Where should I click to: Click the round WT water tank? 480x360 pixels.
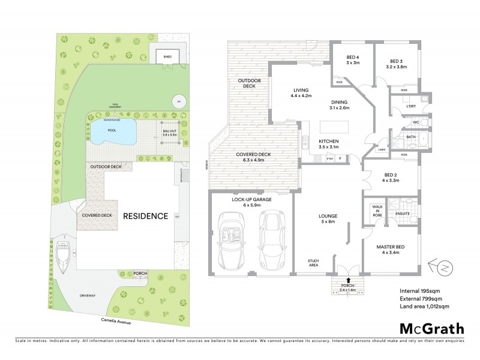(x=178, y=101)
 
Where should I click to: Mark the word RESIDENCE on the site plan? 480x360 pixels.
(x=145, y=216)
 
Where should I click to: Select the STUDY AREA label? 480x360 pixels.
(x=313, y=262)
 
